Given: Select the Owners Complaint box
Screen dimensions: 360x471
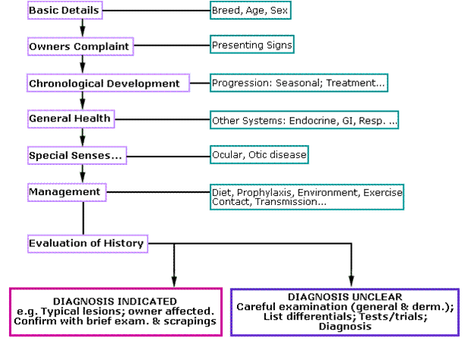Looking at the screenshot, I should (x=71, y=47).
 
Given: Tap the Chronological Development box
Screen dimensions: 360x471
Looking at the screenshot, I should (x=105, y=83).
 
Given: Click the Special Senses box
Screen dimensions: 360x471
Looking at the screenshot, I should (x=76, y=155).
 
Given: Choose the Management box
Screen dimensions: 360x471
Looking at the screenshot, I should (x=65, y=191).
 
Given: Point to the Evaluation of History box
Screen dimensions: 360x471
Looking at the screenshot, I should (x=87, y=244).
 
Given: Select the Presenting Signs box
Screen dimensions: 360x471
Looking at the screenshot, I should (x=251, y=45).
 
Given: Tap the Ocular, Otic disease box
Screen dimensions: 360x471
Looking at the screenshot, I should (x=259, y=155).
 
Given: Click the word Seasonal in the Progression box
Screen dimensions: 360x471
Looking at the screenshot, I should (x=300, y=82).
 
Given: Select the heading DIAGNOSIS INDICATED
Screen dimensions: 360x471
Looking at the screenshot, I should (x=115, y=300).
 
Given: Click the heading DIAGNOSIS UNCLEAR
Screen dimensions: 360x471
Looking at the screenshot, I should (x=345, y=295).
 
